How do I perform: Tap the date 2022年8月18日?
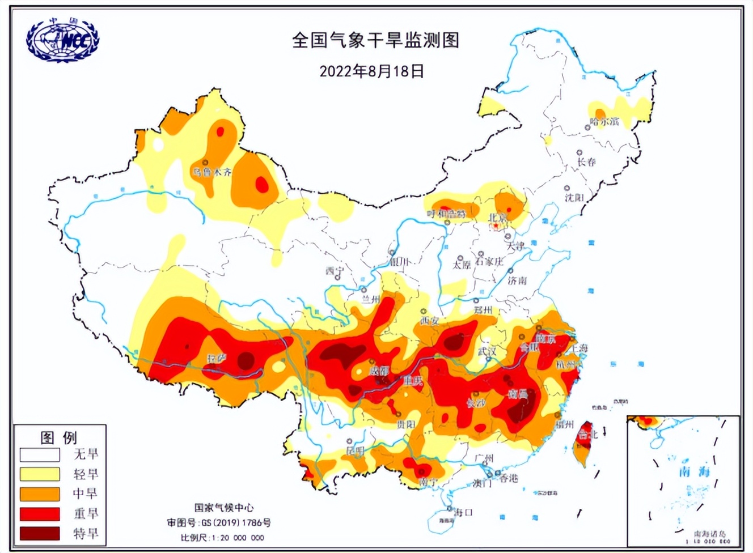(x=371, y=71)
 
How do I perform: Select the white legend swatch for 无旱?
(x=40, y=455)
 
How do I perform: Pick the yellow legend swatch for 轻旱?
(x=40, y=474)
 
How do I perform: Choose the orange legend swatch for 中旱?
(x=40, y=494)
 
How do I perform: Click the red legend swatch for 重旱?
(x=40, y=514)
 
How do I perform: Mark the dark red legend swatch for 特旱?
(x=40, y=534)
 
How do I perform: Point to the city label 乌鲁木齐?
(x=212, y=172)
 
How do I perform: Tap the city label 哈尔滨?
(x=604, y=121)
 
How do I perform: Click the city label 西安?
(x=430, y=321)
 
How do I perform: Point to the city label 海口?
(x=463, y=512)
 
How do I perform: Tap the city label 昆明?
(x=356, y=450)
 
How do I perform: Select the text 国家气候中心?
(x=224, y=508)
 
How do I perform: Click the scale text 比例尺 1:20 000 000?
(x=222, y=538)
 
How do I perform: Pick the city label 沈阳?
(x=574, y=198)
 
